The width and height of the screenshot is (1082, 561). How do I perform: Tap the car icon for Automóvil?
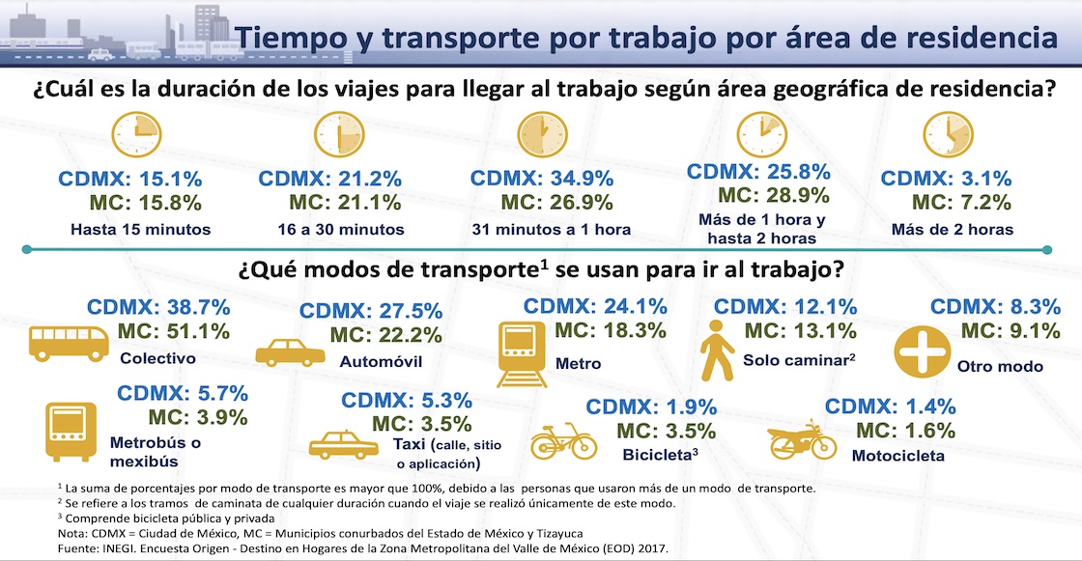click(286, 352)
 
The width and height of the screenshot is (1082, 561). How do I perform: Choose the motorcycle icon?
click(802, 440)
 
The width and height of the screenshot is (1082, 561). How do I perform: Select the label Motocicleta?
click(897, 456)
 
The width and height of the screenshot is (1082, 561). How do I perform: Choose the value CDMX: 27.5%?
click(372, 312)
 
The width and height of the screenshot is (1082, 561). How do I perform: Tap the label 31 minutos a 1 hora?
click(552, 230)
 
